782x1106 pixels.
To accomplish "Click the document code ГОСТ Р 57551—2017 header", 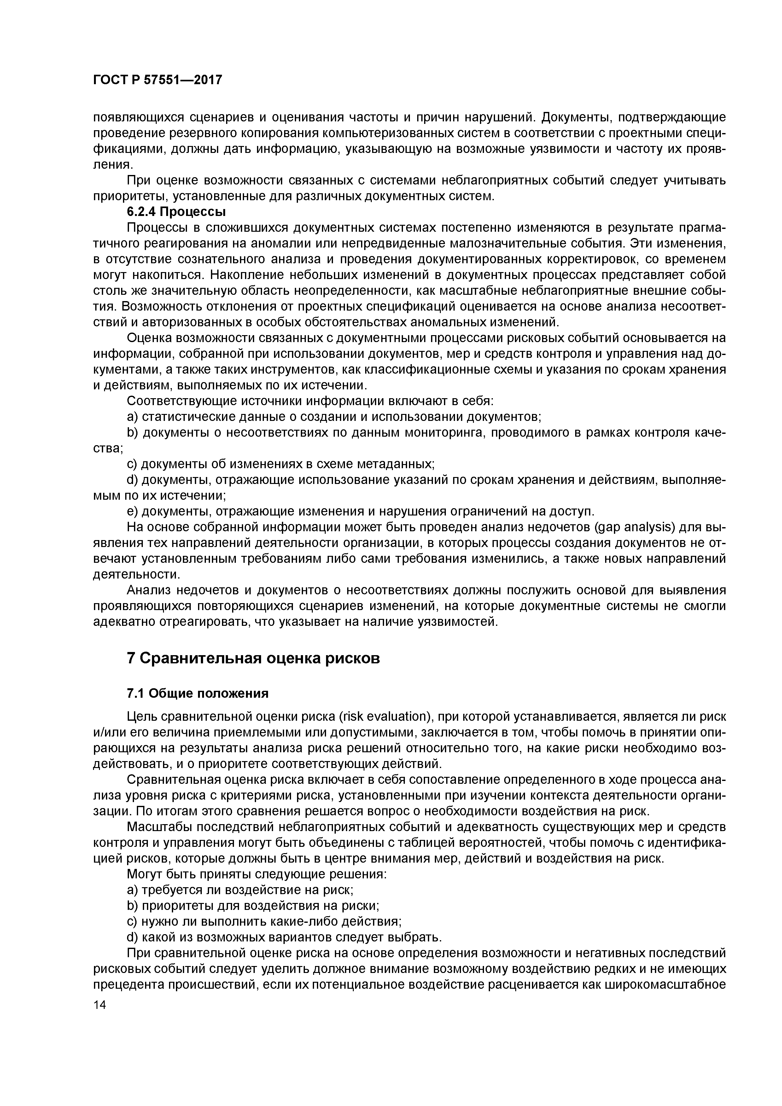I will [x=158, y=80].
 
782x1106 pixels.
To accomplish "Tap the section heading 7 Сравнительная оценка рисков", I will [x=253, y=658].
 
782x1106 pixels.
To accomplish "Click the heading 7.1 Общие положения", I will [x=197, y=693].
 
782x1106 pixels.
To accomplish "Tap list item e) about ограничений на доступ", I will [x=360, y=511].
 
